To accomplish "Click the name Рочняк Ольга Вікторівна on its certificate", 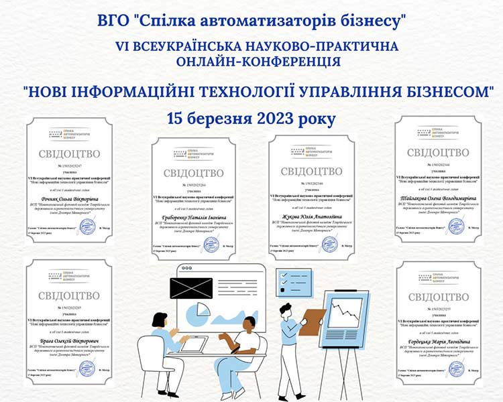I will click(64, 200).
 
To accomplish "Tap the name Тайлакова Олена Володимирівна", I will click(439, 199).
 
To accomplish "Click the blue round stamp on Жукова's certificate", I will click(330, 245).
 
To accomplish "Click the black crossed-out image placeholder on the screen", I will click(191, 289).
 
